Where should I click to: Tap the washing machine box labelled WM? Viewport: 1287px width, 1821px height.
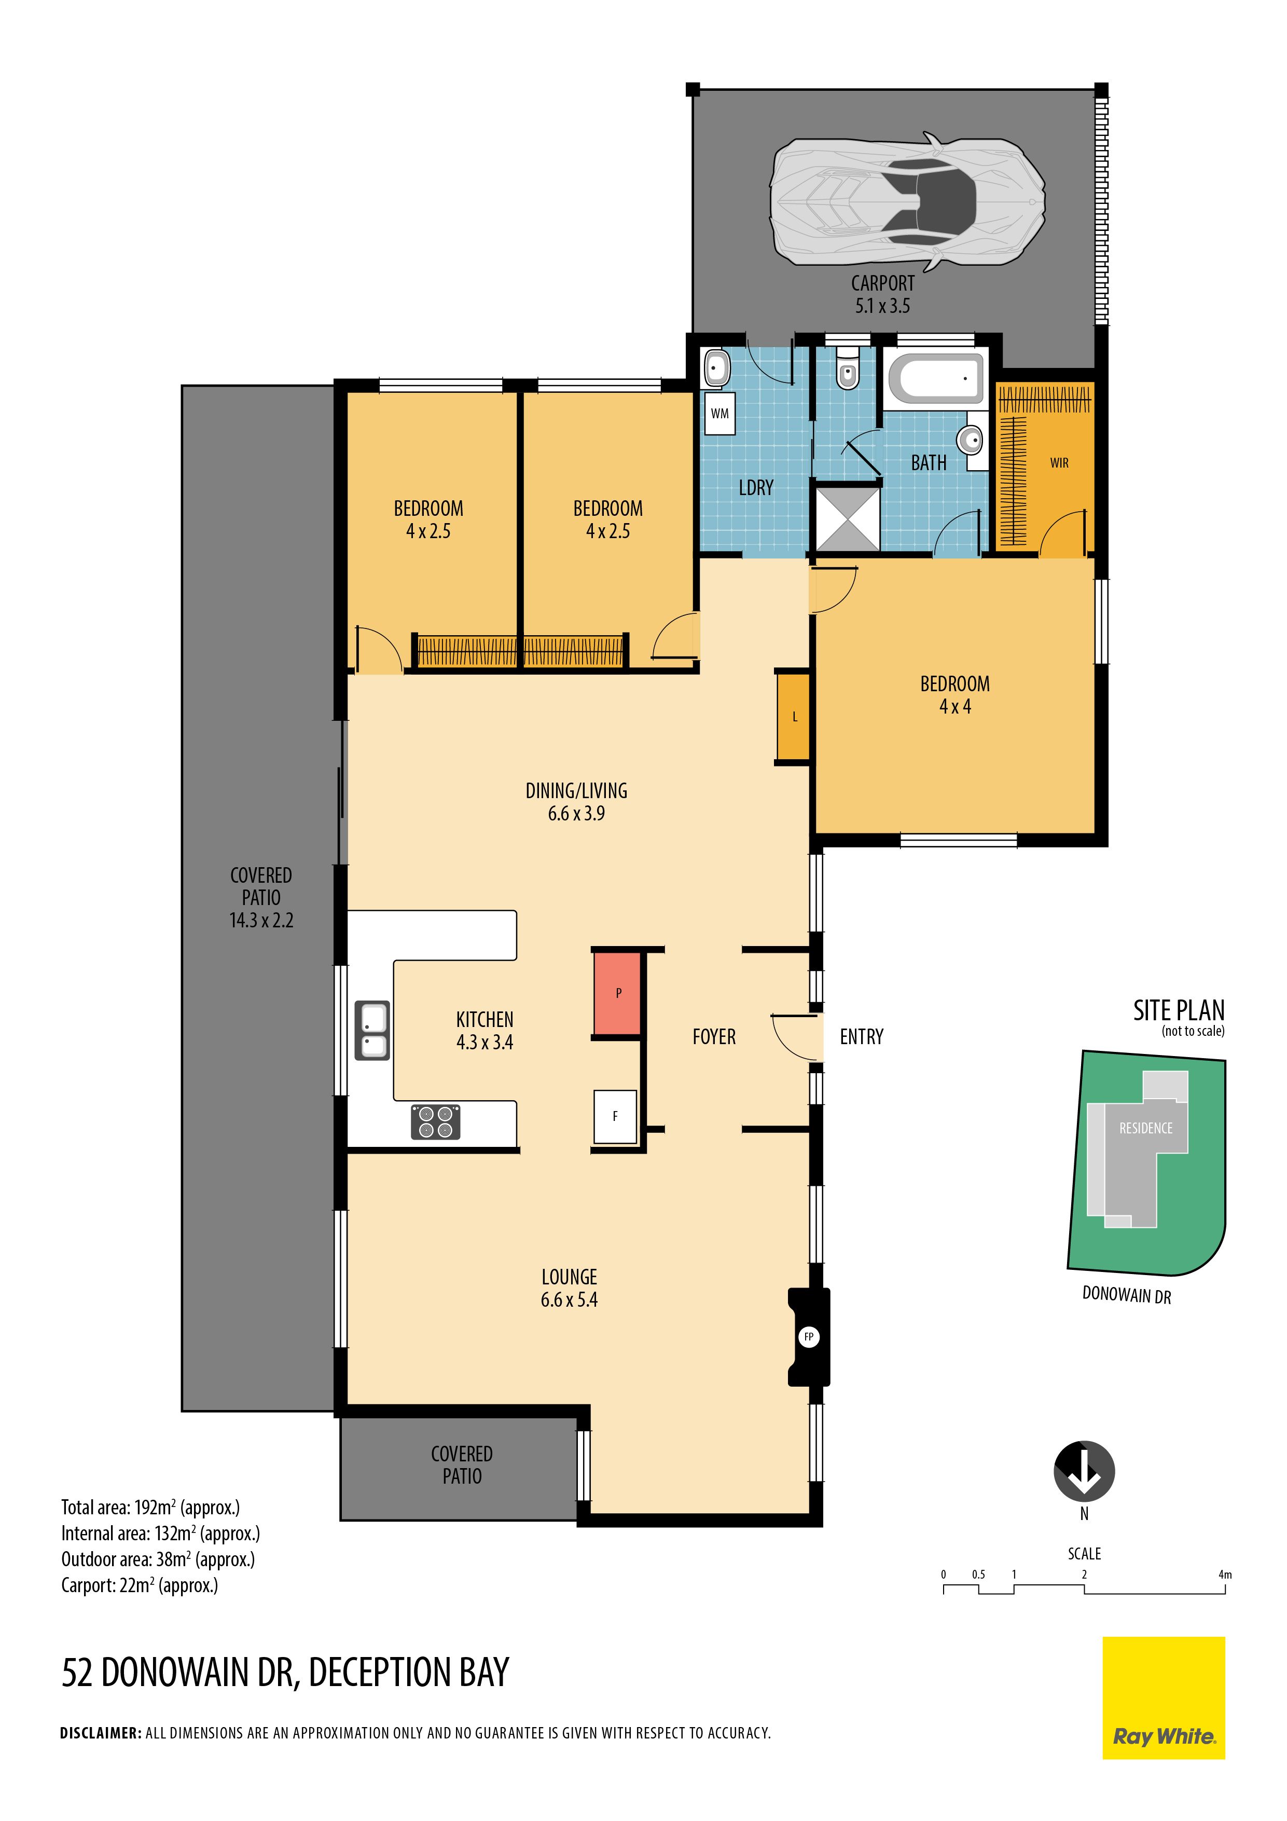pyautogui.click(x=719, y=413)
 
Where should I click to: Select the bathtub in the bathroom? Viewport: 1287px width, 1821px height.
pyautogui.click(x=936, y=378)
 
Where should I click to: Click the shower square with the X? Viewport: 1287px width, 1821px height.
pyautogui.click(x=848, y=519)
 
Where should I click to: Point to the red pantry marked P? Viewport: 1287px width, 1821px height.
pyautogui.click(x=618, y=993)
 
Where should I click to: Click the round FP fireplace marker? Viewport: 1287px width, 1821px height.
pyautogui.click(x=809, y=1336)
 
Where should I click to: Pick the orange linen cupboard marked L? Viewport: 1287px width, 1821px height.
pyautogui.click(x=794, y=717)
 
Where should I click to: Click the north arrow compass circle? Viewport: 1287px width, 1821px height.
pyautogui.click(x=1084, y=1471)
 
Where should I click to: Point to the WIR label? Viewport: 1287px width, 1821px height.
pyautogui.click(x=1059, y=463)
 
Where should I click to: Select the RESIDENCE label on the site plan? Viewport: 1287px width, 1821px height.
pyautogui.click(x=1145, y=1128)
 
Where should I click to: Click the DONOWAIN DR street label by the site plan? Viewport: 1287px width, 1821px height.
pyautogui.click(x=1127, y=1295)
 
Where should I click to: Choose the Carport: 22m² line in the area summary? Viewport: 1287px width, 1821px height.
pyautogui.click(x=140, y=1585)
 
